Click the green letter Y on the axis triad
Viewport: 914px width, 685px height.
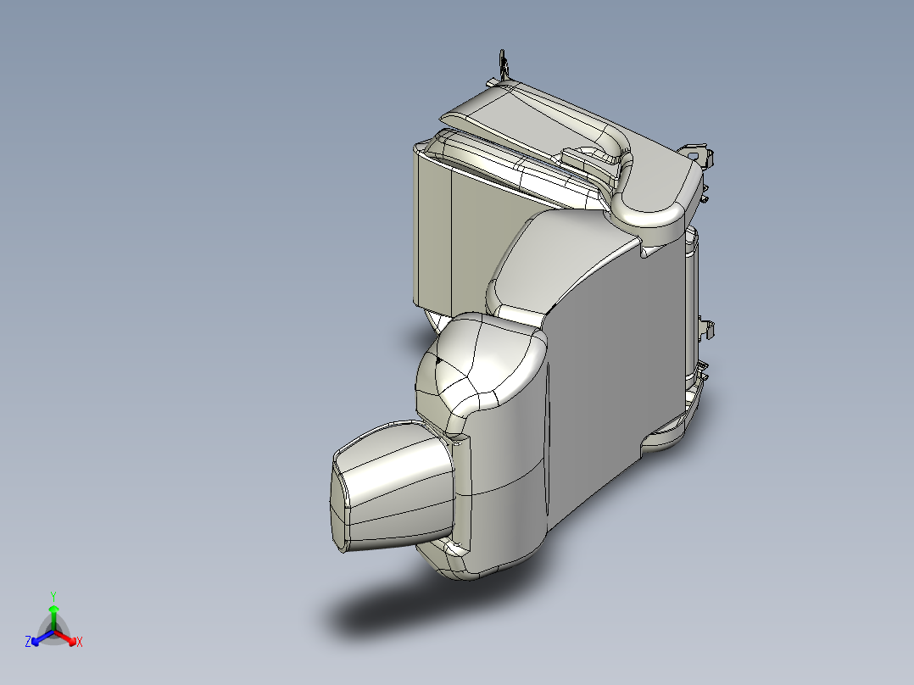point(53,596)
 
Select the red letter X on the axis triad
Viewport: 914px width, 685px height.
point(80,643)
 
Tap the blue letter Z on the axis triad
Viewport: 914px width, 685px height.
point(28,643)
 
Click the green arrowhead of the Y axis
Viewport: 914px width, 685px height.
point(53,609)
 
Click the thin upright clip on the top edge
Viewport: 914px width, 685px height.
point(503,64)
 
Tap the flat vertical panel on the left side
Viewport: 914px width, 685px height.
point(432,229)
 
